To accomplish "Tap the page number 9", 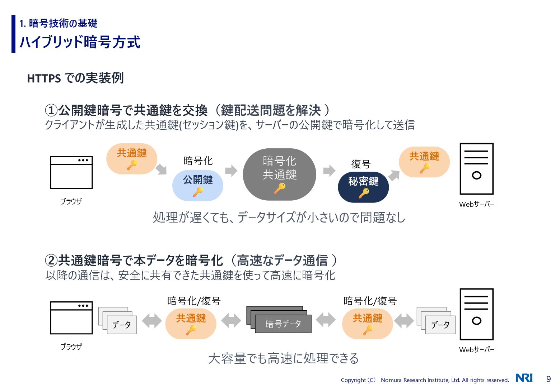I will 549,379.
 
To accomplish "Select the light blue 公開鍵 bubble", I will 198,185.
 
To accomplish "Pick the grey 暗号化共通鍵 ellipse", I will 279,174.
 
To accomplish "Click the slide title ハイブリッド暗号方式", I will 80,42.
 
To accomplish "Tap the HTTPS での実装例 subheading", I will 75,78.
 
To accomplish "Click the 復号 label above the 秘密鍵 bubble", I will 361,164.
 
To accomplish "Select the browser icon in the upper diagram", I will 71,172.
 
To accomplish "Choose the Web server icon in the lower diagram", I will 476,314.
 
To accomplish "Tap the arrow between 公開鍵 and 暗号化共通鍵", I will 231,171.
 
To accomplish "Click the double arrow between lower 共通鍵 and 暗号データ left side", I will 231,320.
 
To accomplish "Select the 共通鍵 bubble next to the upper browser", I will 132,159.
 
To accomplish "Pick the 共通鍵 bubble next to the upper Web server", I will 424,162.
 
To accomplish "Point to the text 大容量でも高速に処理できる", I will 283,358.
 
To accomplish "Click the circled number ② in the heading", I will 51,261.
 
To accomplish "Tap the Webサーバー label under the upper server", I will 476,204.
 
